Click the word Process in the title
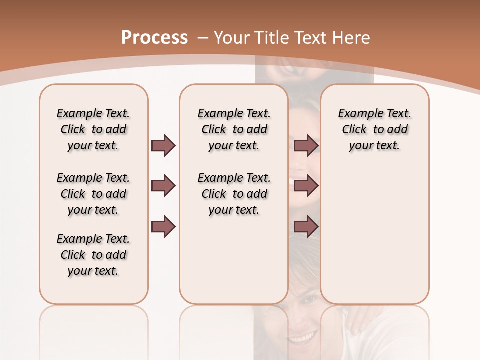point(154,37)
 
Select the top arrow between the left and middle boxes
point(163,146)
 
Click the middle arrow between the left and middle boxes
point(163,186)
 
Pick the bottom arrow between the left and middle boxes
point(163,227)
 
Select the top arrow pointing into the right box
point(306,146)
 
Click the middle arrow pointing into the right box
point(306,186)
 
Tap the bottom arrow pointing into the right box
point(306,227)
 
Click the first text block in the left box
point(93,129)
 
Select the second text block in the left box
point(93,194)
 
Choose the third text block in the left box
point(93,255)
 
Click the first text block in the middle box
point(234,129)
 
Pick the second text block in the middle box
point(234,194)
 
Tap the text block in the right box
point(375,129)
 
